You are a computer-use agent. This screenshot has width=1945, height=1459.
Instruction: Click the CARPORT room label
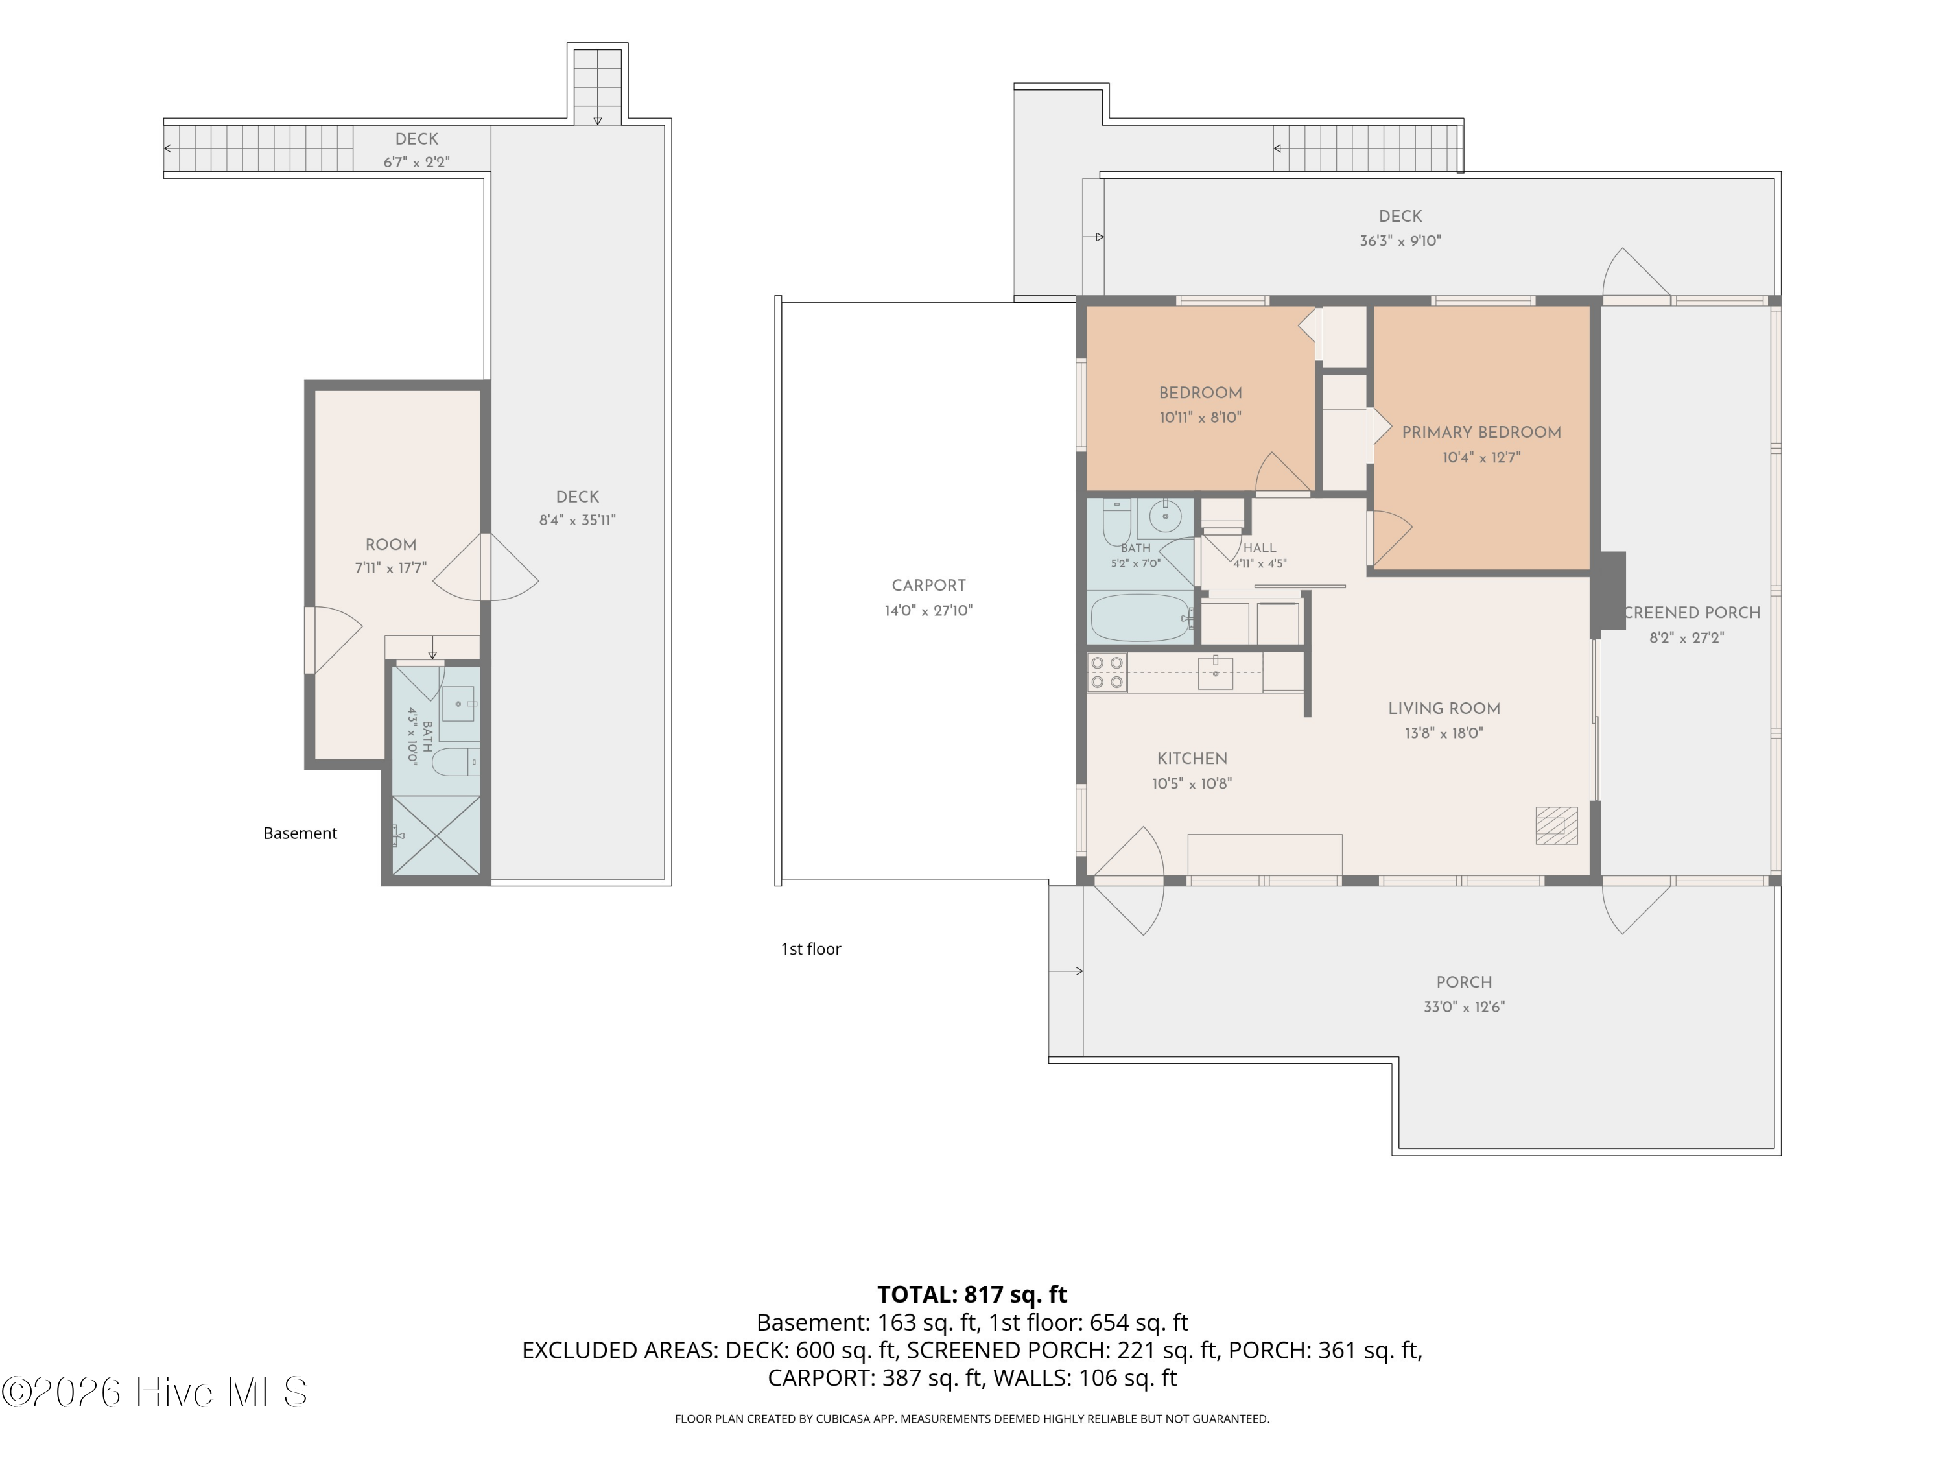pos(928,586)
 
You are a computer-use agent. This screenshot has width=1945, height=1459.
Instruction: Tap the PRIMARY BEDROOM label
pos(1481,433)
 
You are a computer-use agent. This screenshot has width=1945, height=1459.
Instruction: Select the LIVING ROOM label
pos(1444,709)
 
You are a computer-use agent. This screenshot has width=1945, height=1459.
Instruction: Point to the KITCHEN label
pos(1192,759)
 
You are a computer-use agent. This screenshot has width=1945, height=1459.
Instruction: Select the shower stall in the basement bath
pos(436,835)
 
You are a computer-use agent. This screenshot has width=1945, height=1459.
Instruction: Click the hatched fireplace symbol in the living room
pos(1557,826)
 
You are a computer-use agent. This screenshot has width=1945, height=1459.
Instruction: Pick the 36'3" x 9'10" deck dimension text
pos(1400,241)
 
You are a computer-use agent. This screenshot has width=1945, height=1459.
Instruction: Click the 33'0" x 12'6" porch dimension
pos(1464,1007)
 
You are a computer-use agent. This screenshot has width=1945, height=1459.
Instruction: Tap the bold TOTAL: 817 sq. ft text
pos(972,1294)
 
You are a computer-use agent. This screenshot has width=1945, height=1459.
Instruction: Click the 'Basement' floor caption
pos(300,834)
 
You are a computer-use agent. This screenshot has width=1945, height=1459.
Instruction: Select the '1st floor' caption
pos(810,949)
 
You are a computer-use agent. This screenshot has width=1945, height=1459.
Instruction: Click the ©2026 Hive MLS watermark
pos(155,1392)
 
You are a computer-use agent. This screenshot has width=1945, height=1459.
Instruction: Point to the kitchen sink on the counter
pos(1215,673)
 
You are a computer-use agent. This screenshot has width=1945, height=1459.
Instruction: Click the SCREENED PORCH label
pos(1692,613)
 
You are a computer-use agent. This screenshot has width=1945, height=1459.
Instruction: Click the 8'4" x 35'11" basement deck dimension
pos(578,521)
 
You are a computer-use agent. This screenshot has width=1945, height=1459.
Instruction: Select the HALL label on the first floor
pos(1259,548)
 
